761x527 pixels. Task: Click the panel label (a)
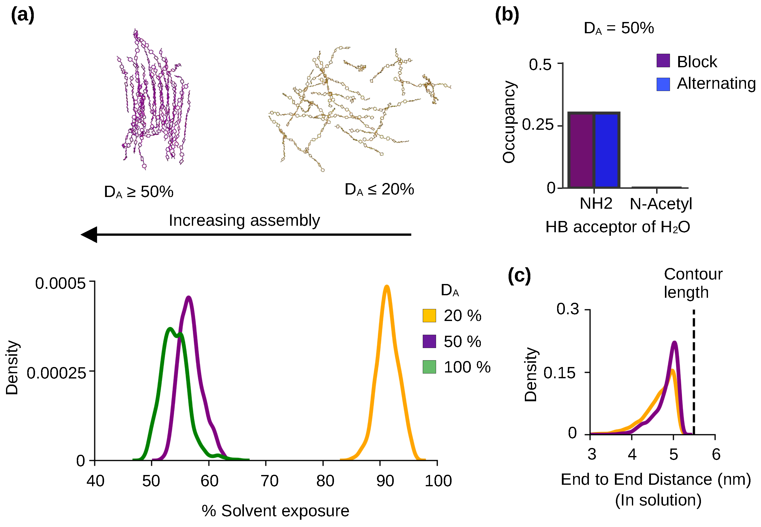pos(23,15)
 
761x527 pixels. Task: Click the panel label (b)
pos(507,15)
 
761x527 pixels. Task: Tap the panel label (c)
pos(519,276)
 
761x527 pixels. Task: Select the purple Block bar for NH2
pos(581,150)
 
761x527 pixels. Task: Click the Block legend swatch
pos(663,61)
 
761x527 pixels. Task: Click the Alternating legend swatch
pos(663,84)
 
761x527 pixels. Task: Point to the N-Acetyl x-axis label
pos(660,204)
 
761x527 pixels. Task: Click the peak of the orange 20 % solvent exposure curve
pos(387,286)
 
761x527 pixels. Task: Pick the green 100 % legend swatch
pos(429,367)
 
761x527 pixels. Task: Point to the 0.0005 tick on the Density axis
pos(92,281)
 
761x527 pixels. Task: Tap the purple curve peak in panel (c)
pos(674,342)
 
